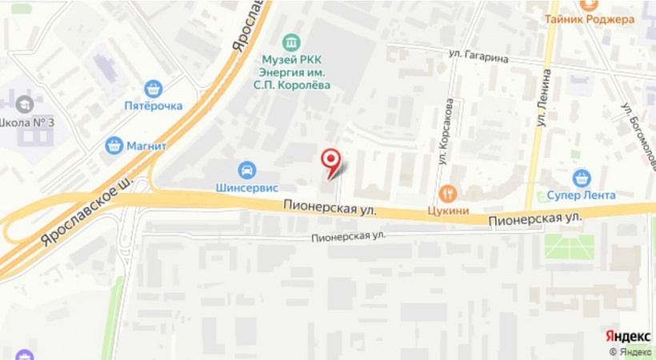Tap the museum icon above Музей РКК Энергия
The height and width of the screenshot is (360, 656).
click(x=292, y=42)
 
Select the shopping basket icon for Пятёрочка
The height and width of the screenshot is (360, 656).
click(x=153, y=89)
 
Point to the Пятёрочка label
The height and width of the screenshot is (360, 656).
click(x=153, y=106)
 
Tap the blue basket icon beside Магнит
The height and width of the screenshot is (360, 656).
click(x=114, y=146)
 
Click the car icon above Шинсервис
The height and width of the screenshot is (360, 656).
click(x=247, y=170)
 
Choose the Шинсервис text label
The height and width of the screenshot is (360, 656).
click(x=246, y=188)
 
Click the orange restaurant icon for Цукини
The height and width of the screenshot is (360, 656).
click(x=446, y=193)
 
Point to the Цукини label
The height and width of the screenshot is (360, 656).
click(x=446, y=210)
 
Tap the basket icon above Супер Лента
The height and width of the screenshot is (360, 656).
click(x=582, y=178)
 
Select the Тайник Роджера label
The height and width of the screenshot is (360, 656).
click(x=589, y=19)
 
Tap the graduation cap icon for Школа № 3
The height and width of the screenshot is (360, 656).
click(x=25, y=104)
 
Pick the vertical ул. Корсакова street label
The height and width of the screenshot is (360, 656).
click(x=446, y=132)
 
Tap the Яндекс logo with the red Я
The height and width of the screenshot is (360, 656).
click(x=627, y=336)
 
